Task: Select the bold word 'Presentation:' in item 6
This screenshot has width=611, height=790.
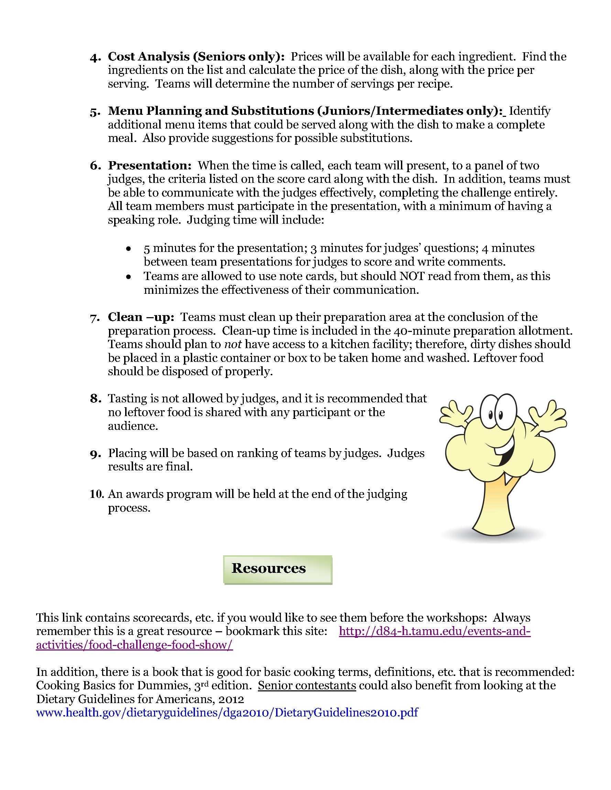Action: pos(149,166)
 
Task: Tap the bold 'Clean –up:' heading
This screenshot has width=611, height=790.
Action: pos(141,317)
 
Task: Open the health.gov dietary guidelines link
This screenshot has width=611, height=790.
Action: pos(227,713)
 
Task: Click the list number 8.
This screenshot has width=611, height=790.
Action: pos(95,399)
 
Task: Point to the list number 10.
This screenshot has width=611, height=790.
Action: pos(97,494)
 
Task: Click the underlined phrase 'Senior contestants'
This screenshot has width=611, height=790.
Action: pos(307,686)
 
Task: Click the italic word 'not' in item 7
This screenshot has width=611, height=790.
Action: pos(232,344)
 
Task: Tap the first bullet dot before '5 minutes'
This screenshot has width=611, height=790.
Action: pos(128,249)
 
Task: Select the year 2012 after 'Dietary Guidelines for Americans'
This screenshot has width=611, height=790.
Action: pos(230,699)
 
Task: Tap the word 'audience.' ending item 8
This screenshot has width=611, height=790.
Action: pos(133,426)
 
